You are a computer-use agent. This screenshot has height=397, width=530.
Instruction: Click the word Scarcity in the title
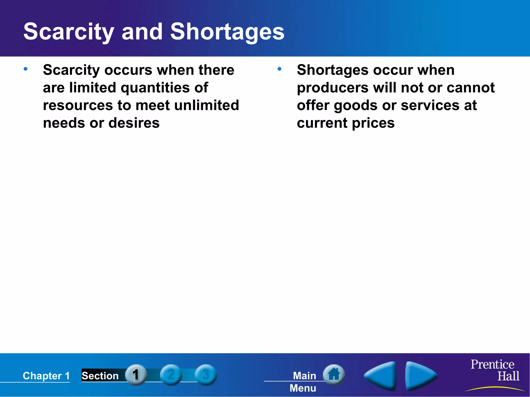(69, 32)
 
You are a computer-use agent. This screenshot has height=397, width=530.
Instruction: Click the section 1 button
(136, 375)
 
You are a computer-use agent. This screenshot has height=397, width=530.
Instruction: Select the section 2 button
(171, 375)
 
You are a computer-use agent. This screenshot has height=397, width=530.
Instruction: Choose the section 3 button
(206, 375)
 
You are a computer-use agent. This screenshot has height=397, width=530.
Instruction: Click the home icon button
(334, 375)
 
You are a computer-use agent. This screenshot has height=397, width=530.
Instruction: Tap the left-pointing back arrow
(380, 376)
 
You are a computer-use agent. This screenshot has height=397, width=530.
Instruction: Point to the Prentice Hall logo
(495, 371)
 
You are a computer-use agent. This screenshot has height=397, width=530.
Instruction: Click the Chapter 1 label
(46, 376)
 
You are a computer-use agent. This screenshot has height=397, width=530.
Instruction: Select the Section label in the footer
(100, 376)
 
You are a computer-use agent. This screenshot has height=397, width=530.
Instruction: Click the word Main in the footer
(304, 376)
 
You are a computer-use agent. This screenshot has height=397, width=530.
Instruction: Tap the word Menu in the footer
(303, 388)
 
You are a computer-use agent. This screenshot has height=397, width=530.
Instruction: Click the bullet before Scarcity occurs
(25, 69)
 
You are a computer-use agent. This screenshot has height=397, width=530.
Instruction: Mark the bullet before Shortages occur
(279, 69)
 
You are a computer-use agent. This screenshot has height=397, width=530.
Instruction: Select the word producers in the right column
(333, 88)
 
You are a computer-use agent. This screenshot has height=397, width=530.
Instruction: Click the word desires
(134, 123)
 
